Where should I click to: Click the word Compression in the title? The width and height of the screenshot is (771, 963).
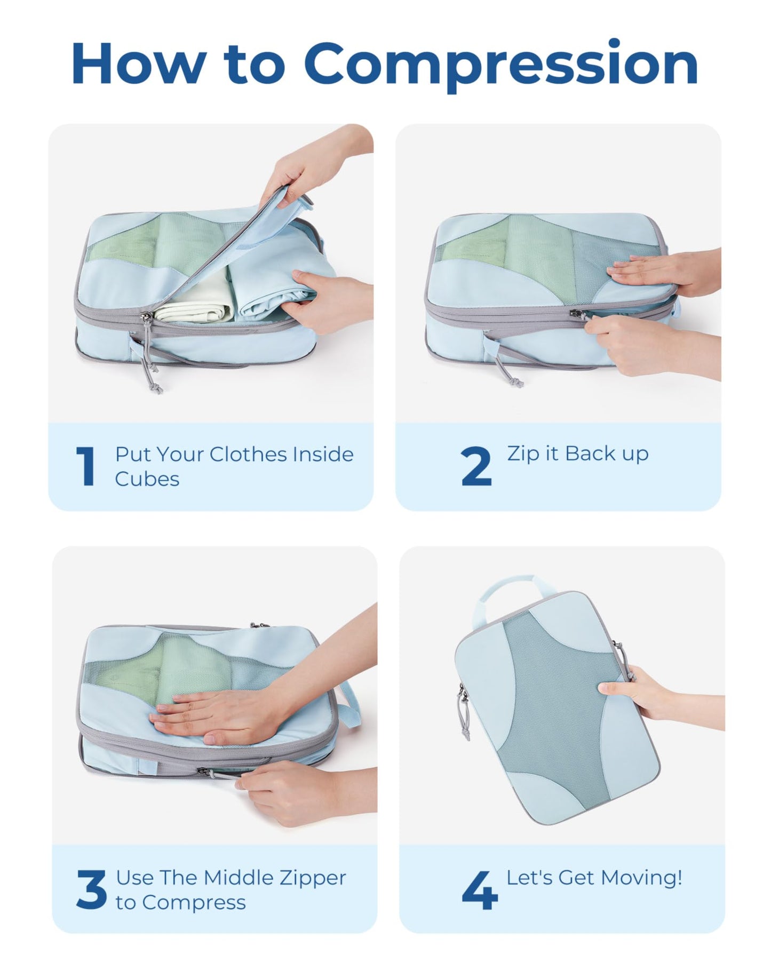(x=502, y=64)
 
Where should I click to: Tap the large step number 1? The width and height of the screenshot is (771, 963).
(x=85, y=466)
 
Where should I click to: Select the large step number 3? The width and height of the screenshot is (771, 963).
(x=91, y=889)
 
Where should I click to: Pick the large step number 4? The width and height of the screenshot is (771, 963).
(x=479, y=889)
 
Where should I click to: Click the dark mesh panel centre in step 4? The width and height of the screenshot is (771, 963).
(x=555, y=710)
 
